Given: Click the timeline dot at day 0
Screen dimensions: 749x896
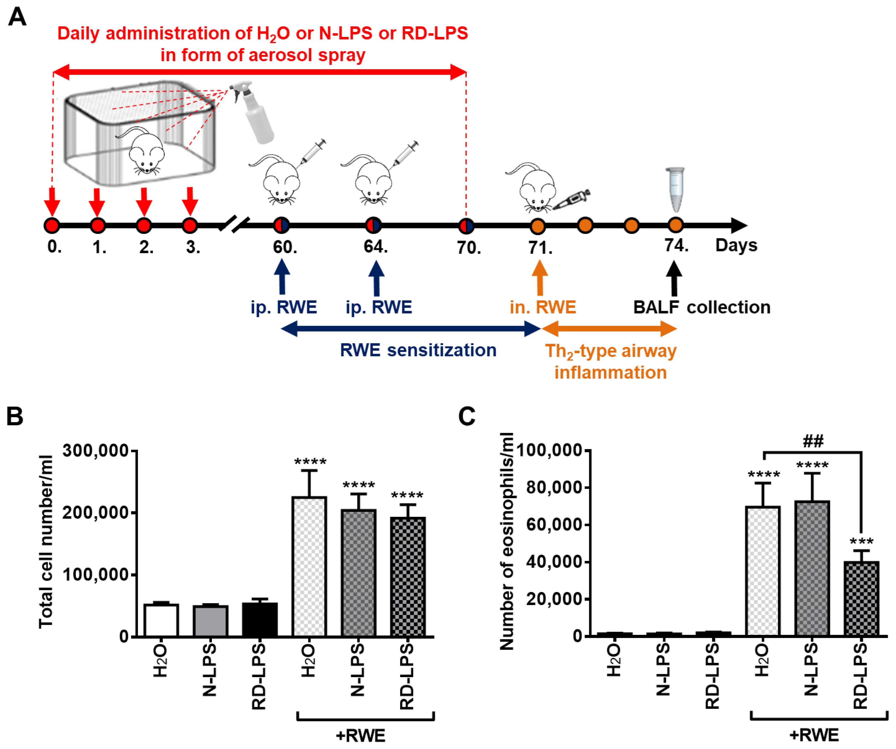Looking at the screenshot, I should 52,225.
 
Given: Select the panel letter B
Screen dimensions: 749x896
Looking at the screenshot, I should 15,416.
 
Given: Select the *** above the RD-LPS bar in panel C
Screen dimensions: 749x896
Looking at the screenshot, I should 861,542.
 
